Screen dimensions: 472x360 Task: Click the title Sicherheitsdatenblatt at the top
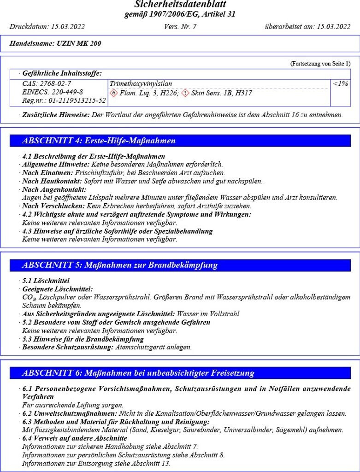[x=180, y=5]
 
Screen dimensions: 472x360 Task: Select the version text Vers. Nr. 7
[x=180, y=27]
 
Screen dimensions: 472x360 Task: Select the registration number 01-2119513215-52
[x=77, y=100]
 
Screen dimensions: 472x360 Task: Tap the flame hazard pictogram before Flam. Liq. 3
[x=114, y=93]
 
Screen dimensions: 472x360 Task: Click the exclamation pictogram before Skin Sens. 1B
[x=185, y=93]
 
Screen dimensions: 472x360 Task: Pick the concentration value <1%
[x=340, y=83]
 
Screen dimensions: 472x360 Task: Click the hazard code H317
[x=243, y=93]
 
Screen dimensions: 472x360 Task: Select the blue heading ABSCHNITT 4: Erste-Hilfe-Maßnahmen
[x=99, y=141]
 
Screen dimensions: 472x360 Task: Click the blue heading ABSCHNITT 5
[x=119, y=265]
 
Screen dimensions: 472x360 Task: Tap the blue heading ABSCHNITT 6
[x=138, y=373]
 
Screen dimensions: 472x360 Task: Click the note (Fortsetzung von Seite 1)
[x=320, y=63]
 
